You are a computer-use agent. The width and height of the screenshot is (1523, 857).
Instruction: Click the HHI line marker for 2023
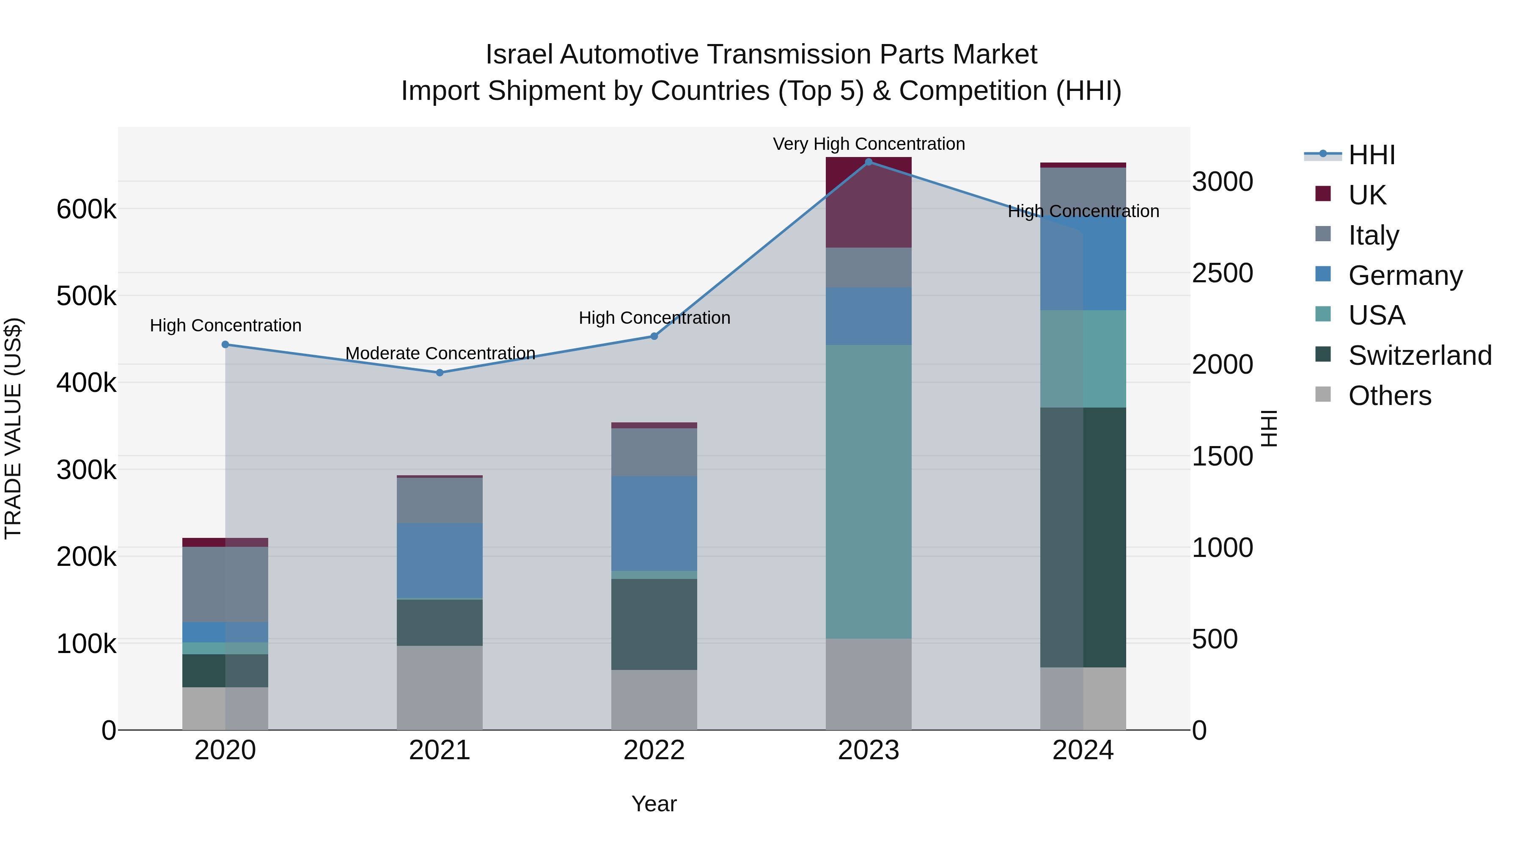click(869, 162)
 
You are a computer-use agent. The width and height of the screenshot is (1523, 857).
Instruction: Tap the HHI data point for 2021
click(439, 372)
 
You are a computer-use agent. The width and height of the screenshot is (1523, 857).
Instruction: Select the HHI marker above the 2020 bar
click(225, 344)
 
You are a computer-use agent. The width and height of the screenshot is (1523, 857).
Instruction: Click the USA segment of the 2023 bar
click(869, 491)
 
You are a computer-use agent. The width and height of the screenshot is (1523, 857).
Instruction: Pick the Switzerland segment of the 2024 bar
click(1083, 537)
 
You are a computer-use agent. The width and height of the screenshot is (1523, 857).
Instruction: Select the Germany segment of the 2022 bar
click(654, 524)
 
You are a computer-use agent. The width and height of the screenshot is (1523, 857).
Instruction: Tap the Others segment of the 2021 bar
click(439, 687)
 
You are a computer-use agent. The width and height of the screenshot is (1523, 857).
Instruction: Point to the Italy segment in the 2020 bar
click(225, 584)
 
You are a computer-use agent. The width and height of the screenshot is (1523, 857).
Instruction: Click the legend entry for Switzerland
click(1419, 355)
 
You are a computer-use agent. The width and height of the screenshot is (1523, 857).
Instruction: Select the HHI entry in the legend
click(1371, 155)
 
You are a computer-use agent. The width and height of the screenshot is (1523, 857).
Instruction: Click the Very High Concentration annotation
click(869, 144)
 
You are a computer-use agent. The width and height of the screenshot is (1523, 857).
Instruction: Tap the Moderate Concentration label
click(440, 353)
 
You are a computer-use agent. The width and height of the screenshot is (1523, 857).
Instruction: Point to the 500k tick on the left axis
click(86, 296)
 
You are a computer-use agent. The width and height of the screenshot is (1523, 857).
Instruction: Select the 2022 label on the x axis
click(654, 750)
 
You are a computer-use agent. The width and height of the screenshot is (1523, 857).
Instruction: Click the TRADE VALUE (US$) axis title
click(13, 428)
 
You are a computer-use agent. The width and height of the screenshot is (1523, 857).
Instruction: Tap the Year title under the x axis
click(654, 804)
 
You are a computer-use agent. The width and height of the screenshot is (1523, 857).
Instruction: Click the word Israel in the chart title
click(519, 55)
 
